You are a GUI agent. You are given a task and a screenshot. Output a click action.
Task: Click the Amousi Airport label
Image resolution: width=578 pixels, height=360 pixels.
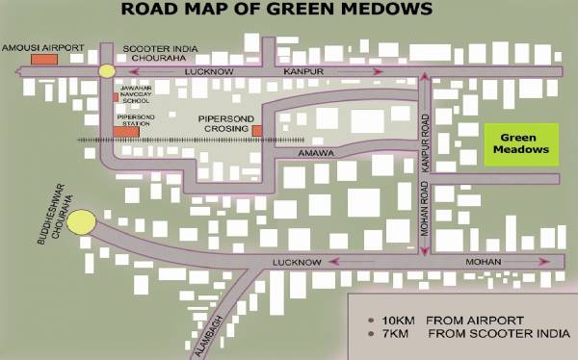point(42,46)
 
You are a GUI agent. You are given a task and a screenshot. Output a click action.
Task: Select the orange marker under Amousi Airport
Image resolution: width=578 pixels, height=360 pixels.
point(42,60)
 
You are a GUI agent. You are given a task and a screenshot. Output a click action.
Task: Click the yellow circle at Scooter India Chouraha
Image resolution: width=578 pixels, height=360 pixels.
point(106,70)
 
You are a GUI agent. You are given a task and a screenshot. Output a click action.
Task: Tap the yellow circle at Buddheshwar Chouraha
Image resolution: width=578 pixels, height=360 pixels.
point(81,222)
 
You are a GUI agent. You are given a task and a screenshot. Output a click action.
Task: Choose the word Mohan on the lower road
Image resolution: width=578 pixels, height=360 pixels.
point(484,262)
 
